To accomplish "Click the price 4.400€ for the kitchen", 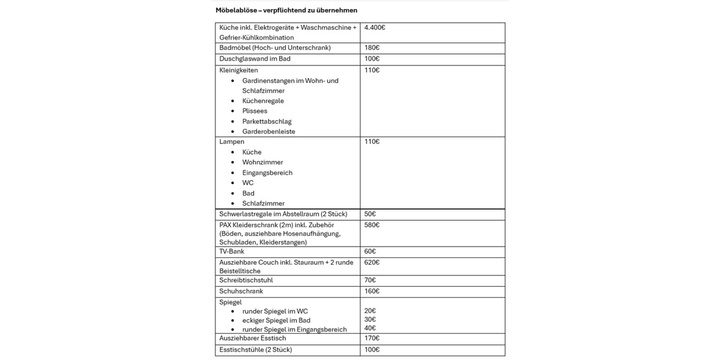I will coord(374,28).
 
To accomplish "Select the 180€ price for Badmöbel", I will coord(372,48).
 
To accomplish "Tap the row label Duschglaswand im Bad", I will coord(255,59).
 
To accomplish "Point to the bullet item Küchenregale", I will coord(263,101).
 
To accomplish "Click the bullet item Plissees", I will coord(254,111).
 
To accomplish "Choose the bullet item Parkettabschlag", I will coord(266,121).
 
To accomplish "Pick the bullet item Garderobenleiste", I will coord(268,131).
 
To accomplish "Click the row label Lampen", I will coord(232,142).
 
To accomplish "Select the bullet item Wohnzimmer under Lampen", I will coord(262,163).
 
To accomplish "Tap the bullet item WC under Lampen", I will coord(248,183).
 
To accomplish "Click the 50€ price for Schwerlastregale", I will coord(370,214).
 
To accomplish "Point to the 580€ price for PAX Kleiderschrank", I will coord(372,225).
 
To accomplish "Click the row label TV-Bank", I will coord(232,251).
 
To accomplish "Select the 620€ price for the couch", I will coord(372,262).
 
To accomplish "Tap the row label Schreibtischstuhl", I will coord(246,280).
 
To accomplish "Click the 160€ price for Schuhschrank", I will coord(372,291).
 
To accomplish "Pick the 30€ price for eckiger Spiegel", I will coord(370,320).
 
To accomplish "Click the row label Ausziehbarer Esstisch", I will coord(253,338).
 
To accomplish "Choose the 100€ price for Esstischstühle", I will coord(372,349).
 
